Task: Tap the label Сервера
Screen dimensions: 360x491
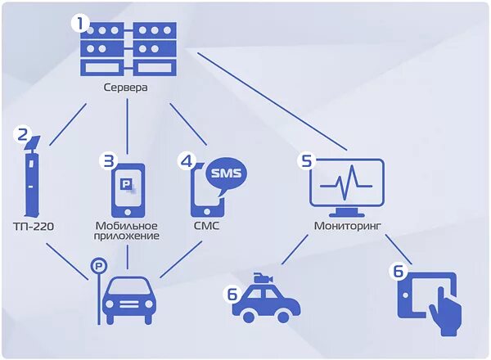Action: [x=126, y=88]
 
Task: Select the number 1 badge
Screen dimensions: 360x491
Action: [x=80, y=23]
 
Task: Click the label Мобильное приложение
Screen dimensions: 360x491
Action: [x=127, y=230]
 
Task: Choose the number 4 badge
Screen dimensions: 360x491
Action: [x=187, y=160]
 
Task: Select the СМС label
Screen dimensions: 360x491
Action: [x=206, y=224]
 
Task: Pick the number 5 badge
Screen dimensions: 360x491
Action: [x=307, y=160]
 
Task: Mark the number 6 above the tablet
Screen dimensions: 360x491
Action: [x=399, y=269]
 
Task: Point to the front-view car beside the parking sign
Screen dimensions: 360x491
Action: [x=128, y=299]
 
